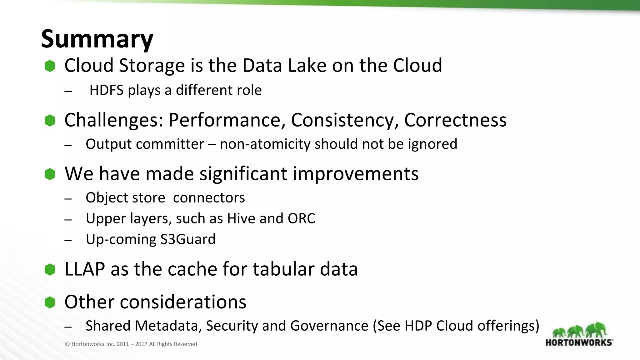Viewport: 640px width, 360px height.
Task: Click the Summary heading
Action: tap(97, 39)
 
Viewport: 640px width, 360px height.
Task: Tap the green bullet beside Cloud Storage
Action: tap(50, 66)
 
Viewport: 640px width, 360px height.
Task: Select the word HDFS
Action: tap(107, 90)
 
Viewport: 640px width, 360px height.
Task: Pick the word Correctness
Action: tap(455, 120)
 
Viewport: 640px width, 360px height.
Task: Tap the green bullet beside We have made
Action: tap(50, 174)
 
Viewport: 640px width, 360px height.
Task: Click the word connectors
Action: tap(209, 198)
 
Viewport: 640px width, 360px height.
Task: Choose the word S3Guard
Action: tap(188, 239)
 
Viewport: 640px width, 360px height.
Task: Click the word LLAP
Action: tap(84, 269)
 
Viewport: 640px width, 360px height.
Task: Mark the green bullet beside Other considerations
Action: tap(50, 302)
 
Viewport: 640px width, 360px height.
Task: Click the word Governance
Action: tap(329, 326)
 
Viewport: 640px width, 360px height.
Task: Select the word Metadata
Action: tap(143, 326)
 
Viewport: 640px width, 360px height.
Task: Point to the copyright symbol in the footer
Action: tap(67, 344)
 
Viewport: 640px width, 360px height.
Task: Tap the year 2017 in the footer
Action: tap(141, 344)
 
